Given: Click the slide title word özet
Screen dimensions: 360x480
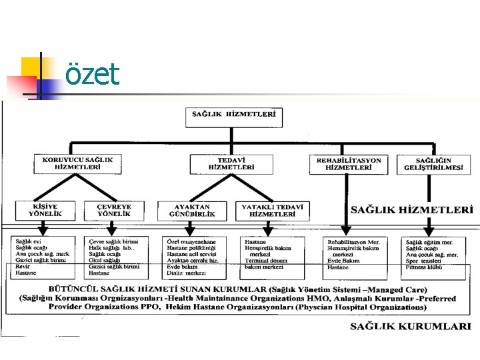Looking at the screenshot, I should (x=92, y=74).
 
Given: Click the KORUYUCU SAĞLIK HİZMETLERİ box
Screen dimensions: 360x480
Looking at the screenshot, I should (x=78, y=164).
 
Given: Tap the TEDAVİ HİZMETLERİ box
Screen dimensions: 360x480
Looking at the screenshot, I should (x=231, y=164).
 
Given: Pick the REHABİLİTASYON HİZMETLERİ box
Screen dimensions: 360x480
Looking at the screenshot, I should (x=349, y=164).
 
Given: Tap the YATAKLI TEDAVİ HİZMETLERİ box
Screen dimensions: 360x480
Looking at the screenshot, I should (x=273, y=211).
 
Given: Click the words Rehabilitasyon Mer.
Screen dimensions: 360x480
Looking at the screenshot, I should (x=353, y=241).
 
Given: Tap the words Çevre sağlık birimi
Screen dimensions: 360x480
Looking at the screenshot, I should (x=114, y=241).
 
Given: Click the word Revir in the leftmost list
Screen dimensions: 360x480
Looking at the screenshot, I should (x=22, y=267).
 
